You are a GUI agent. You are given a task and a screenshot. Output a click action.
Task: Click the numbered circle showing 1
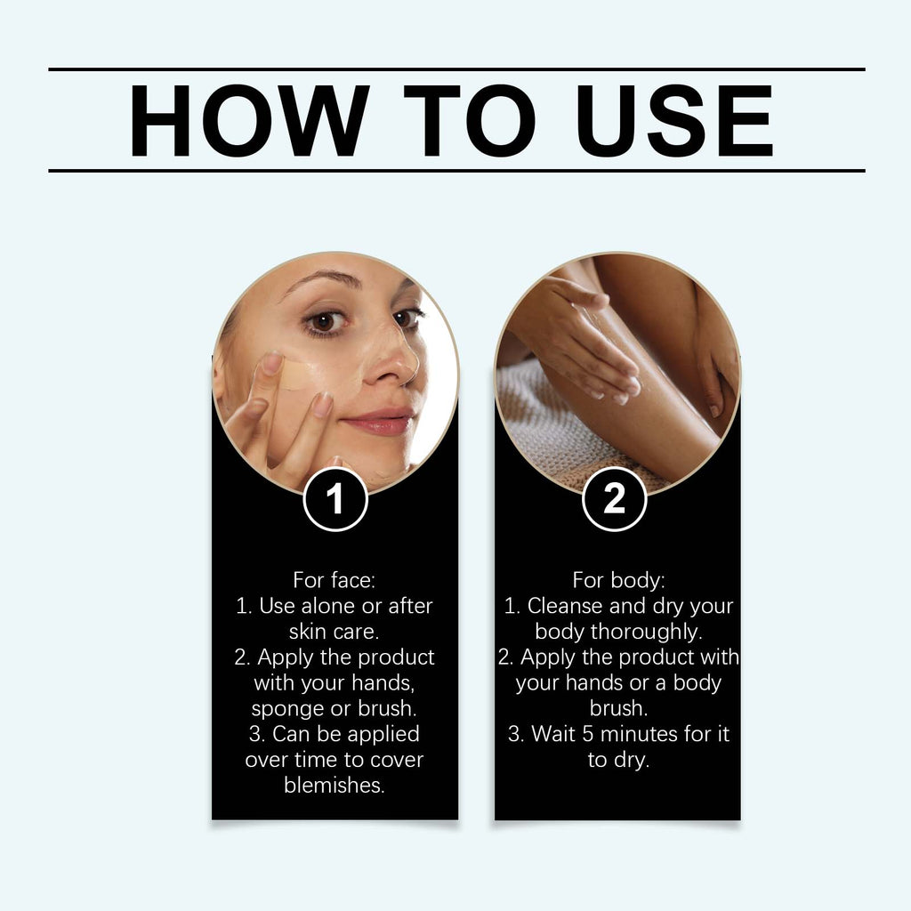click(335, 499)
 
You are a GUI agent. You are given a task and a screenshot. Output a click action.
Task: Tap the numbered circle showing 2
click(614, 499)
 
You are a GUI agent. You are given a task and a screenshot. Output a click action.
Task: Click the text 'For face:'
click(335, 580)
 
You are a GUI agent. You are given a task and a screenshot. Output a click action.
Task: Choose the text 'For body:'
click(617, 580)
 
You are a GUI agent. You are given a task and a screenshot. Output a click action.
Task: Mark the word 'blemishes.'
click(335, 786)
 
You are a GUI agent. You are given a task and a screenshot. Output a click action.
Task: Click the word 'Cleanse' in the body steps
click(564, 606)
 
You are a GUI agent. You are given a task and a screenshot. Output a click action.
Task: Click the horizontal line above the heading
click(456, 69)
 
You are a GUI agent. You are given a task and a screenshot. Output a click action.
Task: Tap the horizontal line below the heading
click(456, 170)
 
